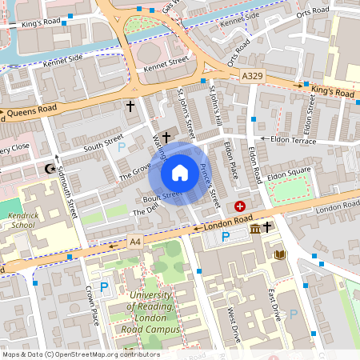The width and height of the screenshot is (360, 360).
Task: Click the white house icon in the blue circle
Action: pyautogui.click(x=180, y=173)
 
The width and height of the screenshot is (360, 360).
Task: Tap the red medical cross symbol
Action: pyautogui.click(x=239, y=206)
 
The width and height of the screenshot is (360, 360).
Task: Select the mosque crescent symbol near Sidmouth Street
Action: pyautogui.click(x=50, y=169)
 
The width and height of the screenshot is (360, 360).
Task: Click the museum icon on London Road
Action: pyautogui.click(x=254, y=230)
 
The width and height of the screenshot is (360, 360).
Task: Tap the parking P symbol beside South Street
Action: pyautogui.click(x=122, y=147)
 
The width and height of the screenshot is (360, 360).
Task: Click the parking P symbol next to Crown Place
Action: pyautogui.click(x=103, y=287)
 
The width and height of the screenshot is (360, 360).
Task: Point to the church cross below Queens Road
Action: pyautogui.click(x=130, y=106)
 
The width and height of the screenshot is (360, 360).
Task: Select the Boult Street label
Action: pyautogui.click(x=163, y=195)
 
